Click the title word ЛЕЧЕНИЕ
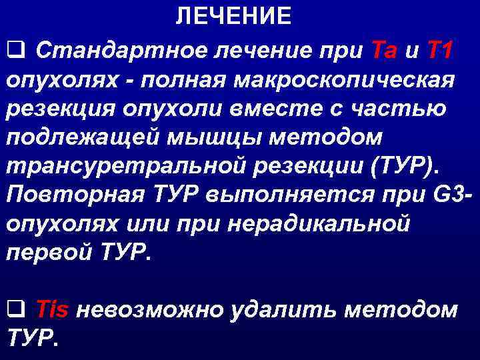pyautogui.click(x=233, y=16)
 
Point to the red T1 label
pyautogui.click(x=440, y=49)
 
